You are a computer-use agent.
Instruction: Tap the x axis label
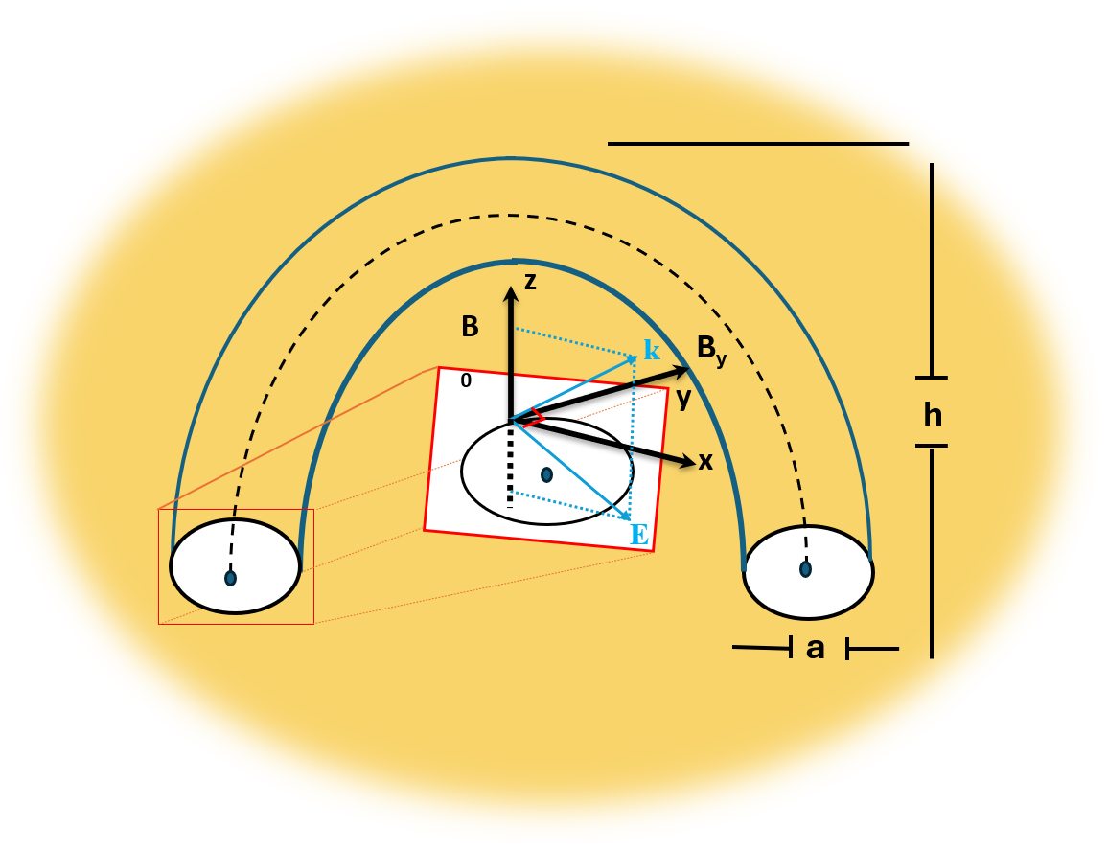706,462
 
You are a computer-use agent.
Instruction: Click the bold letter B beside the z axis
470,328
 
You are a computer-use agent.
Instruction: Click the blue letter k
652,351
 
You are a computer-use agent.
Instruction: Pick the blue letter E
639,535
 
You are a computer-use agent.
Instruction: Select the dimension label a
816,649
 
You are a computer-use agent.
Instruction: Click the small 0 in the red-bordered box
466,380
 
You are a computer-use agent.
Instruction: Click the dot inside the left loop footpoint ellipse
230,578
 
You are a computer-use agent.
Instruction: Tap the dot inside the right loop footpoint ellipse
806,569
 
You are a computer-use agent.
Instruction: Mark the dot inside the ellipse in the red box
546,474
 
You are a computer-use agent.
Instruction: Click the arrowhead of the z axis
511,294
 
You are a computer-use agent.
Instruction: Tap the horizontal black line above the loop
757,144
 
